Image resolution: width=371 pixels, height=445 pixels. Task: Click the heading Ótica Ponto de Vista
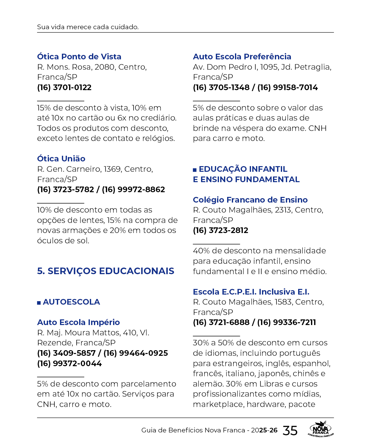point(79,57)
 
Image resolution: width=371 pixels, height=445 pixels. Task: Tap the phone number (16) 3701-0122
point(64,87)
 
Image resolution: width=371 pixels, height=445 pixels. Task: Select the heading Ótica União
point(61,159)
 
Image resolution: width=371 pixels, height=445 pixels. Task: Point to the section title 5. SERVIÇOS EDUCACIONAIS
point(106,271)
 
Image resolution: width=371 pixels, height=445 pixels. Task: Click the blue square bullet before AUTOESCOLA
point(39,303)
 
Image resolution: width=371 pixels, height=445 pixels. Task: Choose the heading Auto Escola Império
point(79,322)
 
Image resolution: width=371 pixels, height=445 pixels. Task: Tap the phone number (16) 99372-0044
point(69,363)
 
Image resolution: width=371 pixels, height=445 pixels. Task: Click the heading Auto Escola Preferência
point(242,57)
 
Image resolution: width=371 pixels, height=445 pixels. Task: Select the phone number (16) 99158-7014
point(287,87)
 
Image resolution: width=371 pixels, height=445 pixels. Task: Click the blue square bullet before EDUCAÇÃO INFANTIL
point(195,170)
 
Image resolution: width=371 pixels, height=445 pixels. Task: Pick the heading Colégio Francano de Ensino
point(250,200)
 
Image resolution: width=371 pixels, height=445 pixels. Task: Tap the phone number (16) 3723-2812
point(221,230)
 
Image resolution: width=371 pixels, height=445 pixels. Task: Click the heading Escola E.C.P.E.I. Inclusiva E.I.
point(251,292)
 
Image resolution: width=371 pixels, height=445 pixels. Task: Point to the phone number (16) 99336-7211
point(286,322)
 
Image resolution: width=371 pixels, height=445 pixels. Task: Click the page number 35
point(290,431)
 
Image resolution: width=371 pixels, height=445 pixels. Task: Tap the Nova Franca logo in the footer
point(320,429)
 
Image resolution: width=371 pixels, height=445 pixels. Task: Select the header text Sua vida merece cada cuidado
point(88,27)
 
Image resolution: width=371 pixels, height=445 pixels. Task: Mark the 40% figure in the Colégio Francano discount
point(201,251)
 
